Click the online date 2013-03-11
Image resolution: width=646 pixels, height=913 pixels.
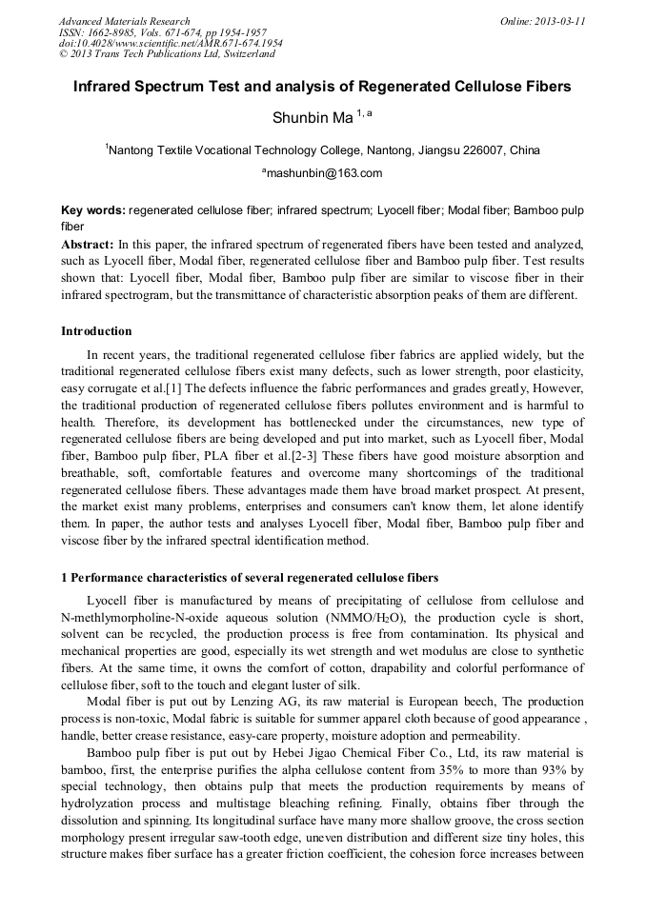click(556, 21)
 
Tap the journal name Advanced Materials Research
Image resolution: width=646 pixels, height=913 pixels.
click(124, 21)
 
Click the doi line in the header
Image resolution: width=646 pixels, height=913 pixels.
click(171, 43)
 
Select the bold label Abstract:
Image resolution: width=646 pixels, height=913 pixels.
click(88, 244)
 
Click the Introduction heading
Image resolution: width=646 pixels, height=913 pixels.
click(96, 331)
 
